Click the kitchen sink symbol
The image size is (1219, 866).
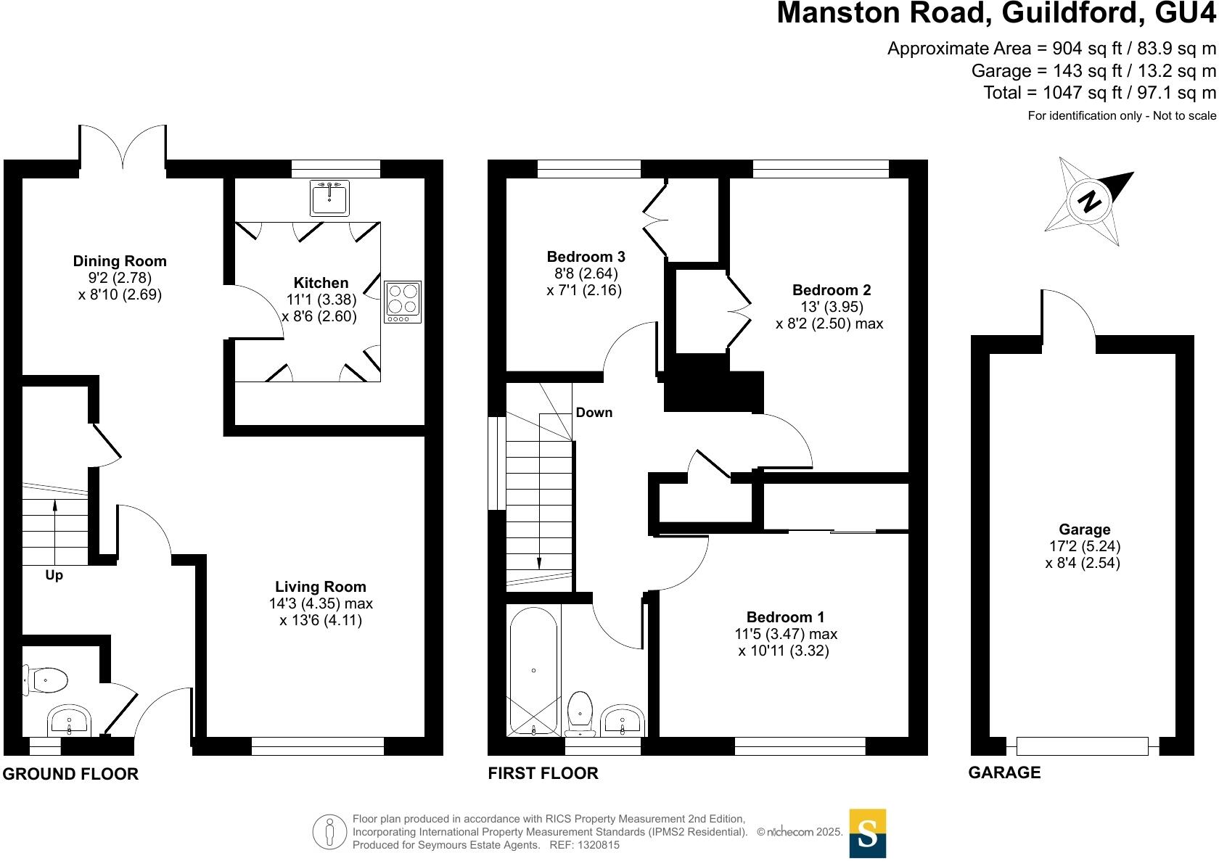[x=329, y=197]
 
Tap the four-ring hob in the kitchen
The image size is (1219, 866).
[x=403, y=301]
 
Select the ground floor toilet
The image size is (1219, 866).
[x=47, y=680]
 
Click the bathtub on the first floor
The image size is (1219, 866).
[x=534, y=671]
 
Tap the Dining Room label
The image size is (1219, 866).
[x=120, y=261]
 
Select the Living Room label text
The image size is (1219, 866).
[x=321, y=587]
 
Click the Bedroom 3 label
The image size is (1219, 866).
[x=586, y=257]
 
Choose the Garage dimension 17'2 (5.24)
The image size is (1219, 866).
[x=1084, y=546]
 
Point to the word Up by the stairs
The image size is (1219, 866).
[x=54, y=575]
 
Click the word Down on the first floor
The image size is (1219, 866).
[x=594, y=413]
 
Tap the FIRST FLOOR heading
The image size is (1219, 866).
[x=543, y=773]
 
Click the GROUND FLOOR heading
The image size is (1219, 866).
[x=70, y=774]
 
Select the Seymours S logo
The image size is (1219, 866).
[x=867, y=833]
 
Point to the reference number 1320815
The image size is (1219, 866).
[x=594, y=845]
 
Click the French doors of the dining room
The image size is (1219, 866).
[x=123, y=149]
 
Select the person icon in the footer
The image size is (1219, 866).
[x=330, y=832]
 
